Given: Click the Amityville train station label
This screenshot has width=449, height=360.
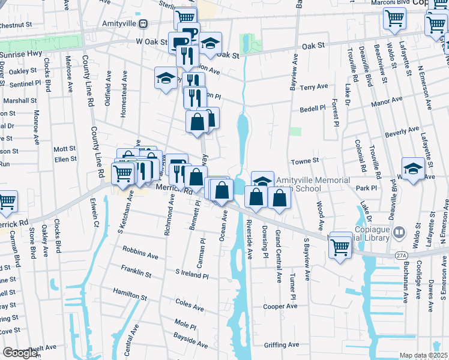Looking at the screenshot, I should pos(118,23).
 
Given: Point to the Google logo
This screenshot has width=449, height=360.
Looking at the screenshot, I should pos(20,353).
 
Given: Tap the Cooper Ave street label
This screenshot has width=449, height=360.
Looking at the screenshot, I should pos(280,306).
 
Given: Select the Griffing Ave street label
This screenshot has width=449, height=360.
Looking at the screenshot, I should pos(282,344).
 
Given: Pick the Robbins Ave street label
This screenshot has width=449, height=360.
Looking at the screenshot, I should pos(140,251).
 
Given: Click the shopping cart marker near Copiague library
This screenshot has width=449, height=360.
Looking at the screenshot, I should pos(340,247).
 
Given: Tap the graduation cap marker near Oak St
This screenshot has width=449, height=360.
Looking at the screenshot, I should pos(210,44).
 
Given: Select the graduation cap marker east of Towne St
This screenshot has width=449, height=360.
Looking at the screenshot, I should pos(413,169).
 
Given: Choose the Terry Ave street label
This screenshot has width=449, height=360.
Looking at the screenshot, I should pos(314,88).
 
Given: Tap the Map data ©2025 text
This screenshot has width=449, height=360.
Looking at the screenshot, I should pos(423,355).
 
